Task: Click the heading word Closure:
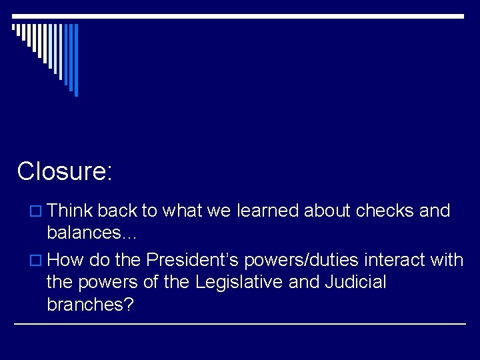point(65,171)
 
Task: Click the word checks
point(385,211)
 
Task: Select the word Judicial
point(355,281)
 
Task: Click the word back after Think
point(117,211)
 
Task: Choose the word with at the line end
point(447,258)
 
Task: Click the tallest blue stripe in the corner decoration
point(76,60)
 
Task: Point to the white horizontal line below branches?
point(240,324)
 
